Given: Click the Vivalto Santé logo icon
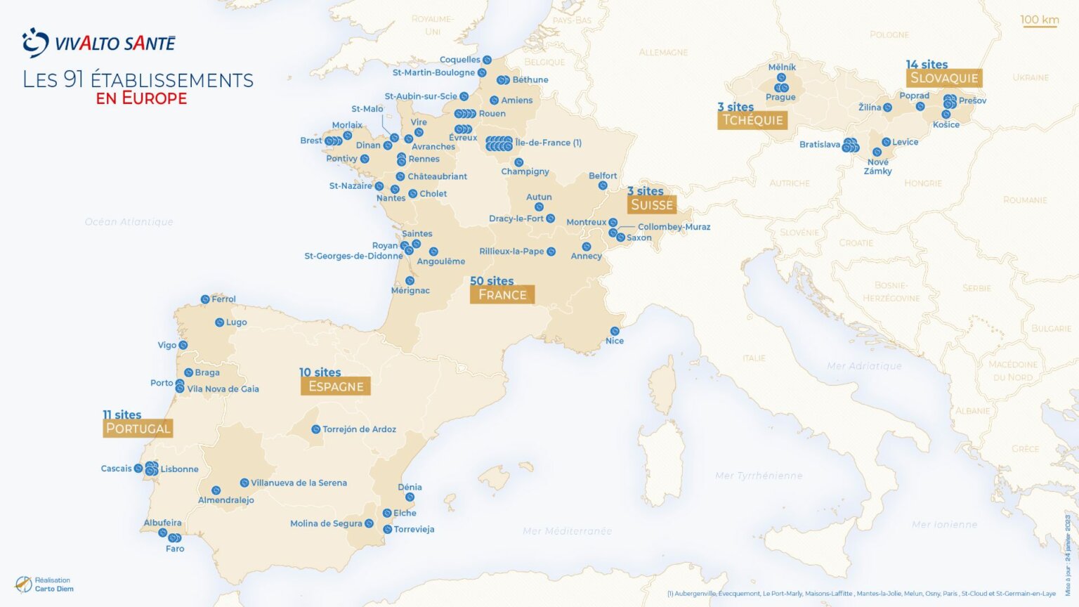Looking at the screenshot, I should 35,43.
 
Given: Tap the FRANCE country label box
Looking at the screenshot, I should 502,295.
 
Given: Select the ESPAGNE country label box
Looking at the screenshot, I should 336,386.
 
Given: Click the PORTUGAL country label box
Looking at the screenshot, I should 138,429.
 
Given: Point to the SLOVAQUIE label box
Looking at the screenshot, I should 943,78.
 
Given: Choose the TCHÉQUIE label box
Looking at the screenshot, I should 752,120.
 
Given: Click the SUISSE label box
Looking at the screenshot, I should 652,205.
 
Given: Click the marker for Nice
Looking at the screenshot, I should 615,331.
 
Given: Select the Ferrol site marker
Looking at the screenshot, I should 205,299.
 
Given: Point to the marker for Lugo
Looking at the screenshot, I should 219,322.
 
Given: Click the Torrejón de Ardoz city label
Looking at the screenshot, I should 359,429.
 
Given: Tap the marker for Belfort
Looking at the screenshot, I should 603,185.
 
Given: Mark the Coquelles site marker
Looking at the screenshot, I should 487,60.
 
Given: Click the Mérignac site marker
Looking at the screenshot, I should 410,281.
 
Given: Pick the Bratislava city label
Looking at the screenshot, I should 819,145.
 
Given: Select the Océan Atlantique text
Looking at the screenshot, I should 129,222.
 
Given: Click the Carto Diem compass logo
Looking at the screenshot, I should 23,585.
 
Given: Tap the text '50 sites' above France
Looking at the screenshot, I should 492,281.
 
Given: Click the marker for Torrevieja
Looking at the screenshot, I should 387,530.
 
